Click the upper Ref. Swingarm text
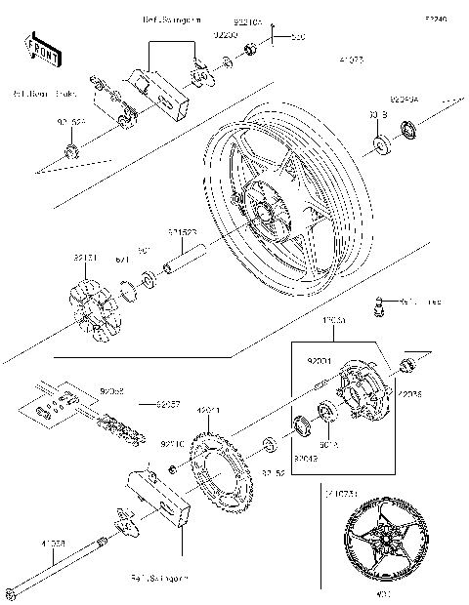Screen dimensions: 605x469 tap(169, 19)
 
